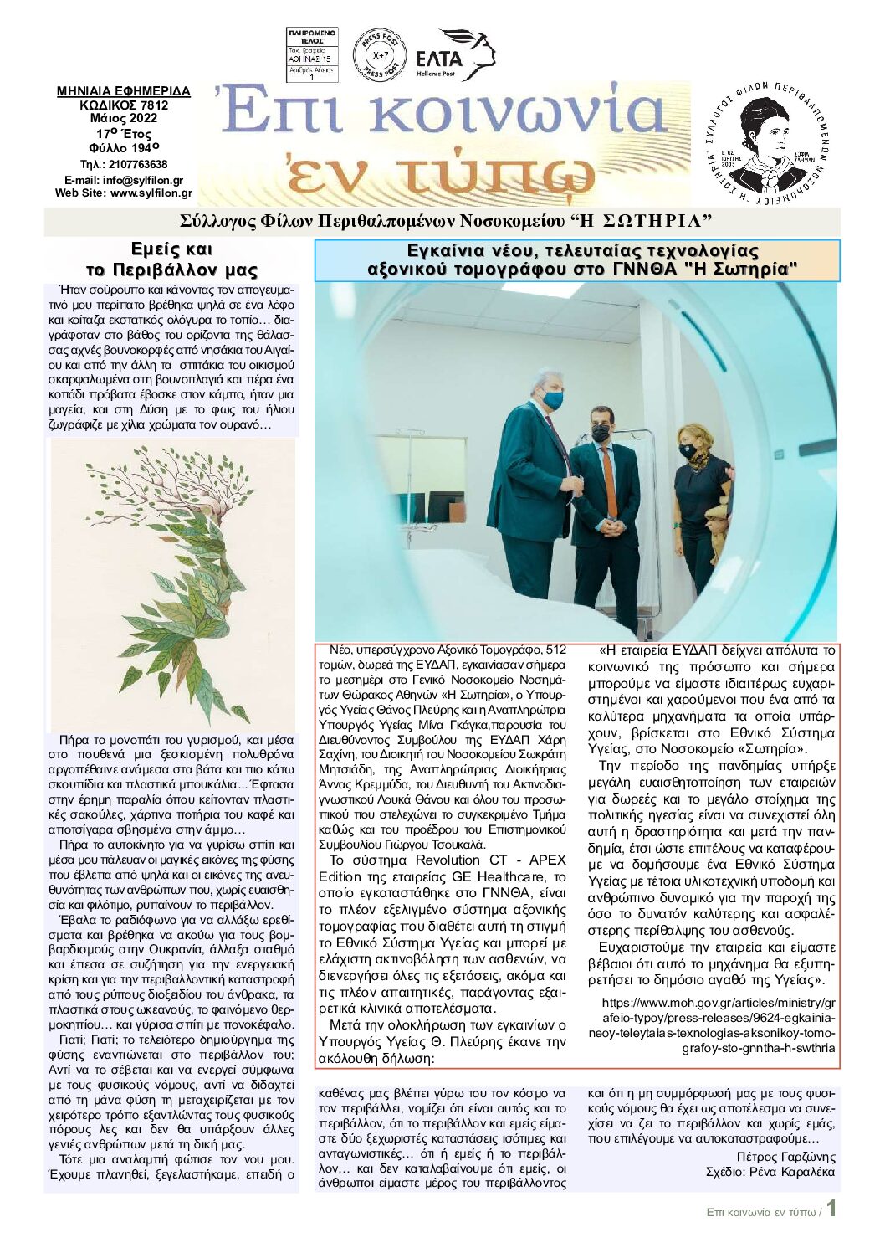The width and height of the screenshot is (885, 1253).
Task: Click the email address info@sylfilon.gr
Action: [x=124, y=180]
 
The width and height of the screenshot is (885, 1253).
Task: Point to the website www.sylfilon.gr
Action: [x=124, y=193]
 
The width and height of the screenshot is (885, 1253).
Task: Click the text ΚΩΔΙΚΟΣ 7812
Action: [x=124, y=105]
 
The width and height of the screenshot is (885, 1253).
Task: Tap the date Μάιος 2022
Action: [x=124, y=118]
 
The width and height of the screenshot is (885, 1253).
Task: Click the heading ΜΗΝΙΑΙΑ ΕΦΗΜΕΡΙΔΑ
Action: [x=124, y=91]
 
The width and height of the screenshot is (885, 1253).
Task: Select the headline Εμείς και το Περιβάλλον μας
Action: [x=171, y=259]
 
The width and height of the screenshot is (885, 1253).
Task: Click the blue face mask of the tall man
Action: [x=553, y=400]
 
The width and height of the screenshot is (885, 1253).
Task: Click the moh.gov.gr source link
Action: [x=718, y=1024]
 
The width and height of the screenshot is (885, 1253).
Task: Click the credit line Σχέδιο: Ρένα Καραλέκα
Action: [x=770, y=1172]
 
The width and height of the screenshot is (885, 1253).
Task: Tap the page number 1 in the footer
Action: [x=831, y=1209]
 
